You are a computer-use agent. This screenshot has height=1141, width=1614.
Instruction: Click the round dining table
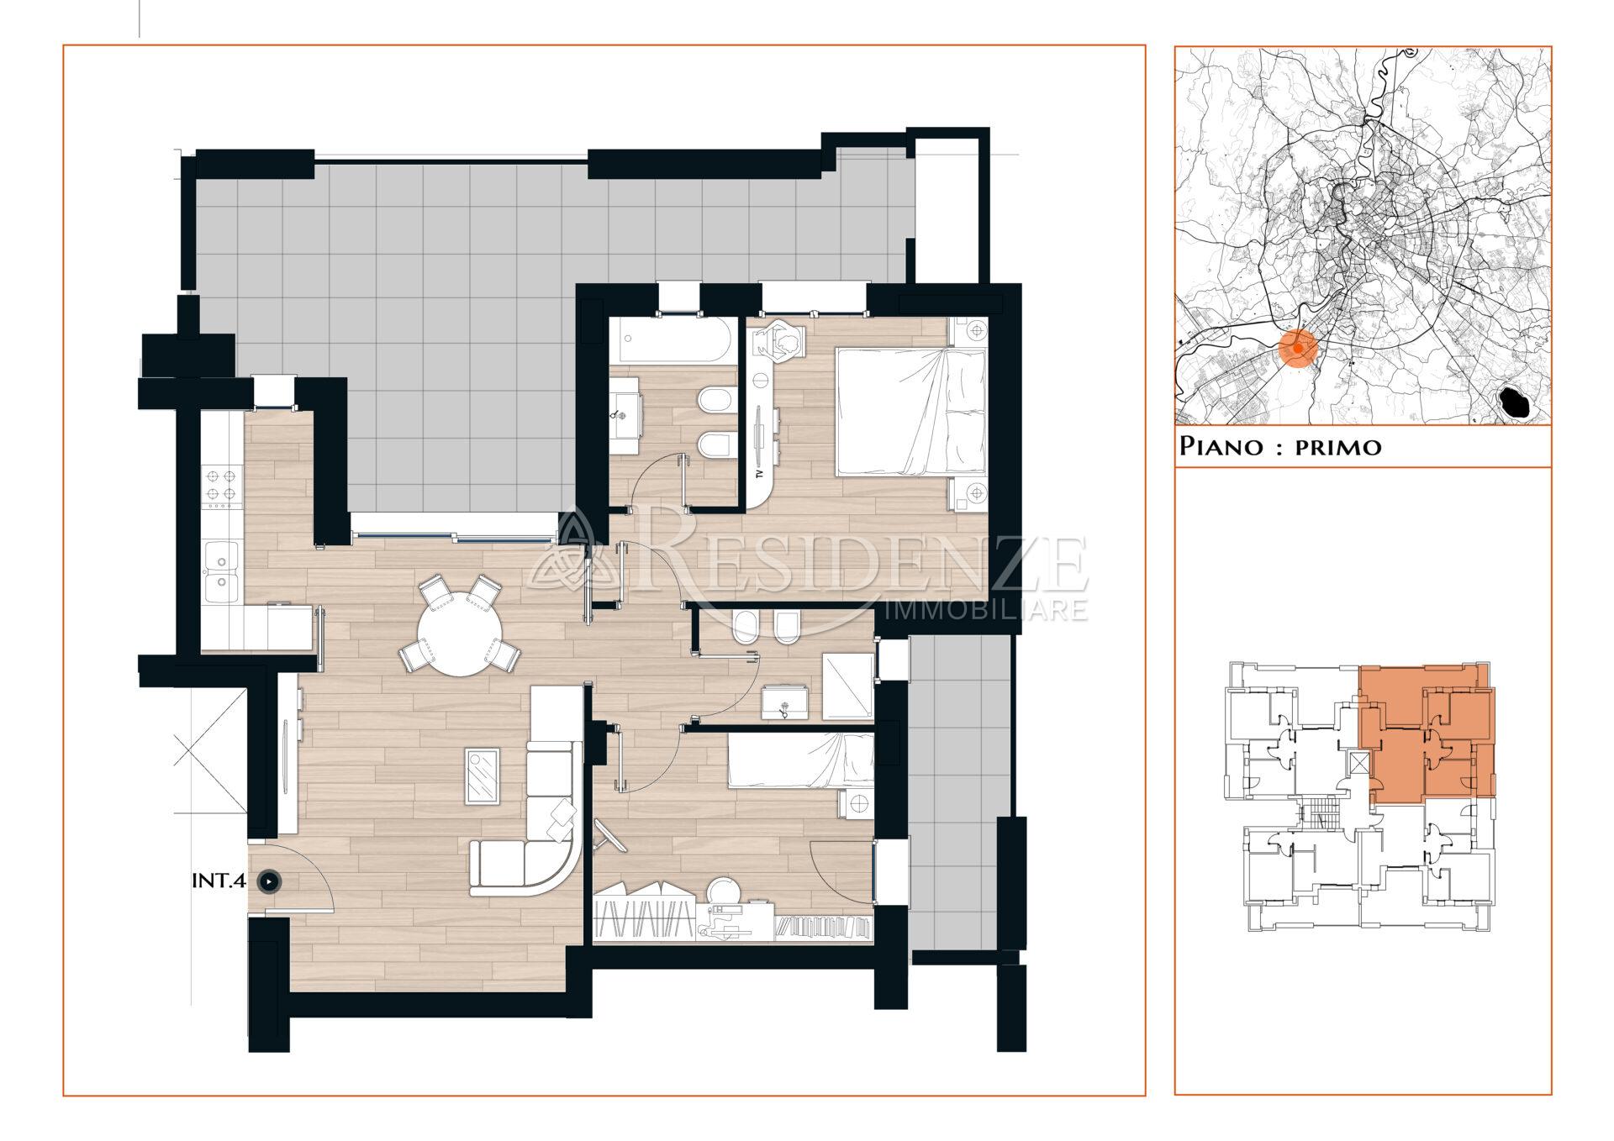point(459,636)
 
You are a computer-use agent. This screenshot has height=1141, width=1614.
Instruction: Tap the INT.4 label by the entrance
point(219,881)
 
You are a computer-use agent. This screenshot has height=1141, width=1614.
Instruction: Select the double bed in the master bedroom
point(910,413)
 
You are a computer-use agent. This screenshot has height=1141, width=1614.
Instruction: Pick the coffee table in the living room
point(483,776)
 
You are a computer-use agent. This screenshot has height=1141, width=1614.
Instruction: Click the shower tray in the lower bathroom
point(847,686)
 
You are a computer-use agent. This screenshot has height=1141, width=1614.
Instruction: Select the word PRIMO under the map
point(1337,446)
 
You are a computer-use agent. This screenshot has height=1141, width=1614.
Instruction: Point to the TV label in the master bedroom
point(759,474)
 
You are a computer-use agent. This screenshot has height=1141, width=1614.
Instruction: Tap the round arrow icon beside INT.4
point(268,881)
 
